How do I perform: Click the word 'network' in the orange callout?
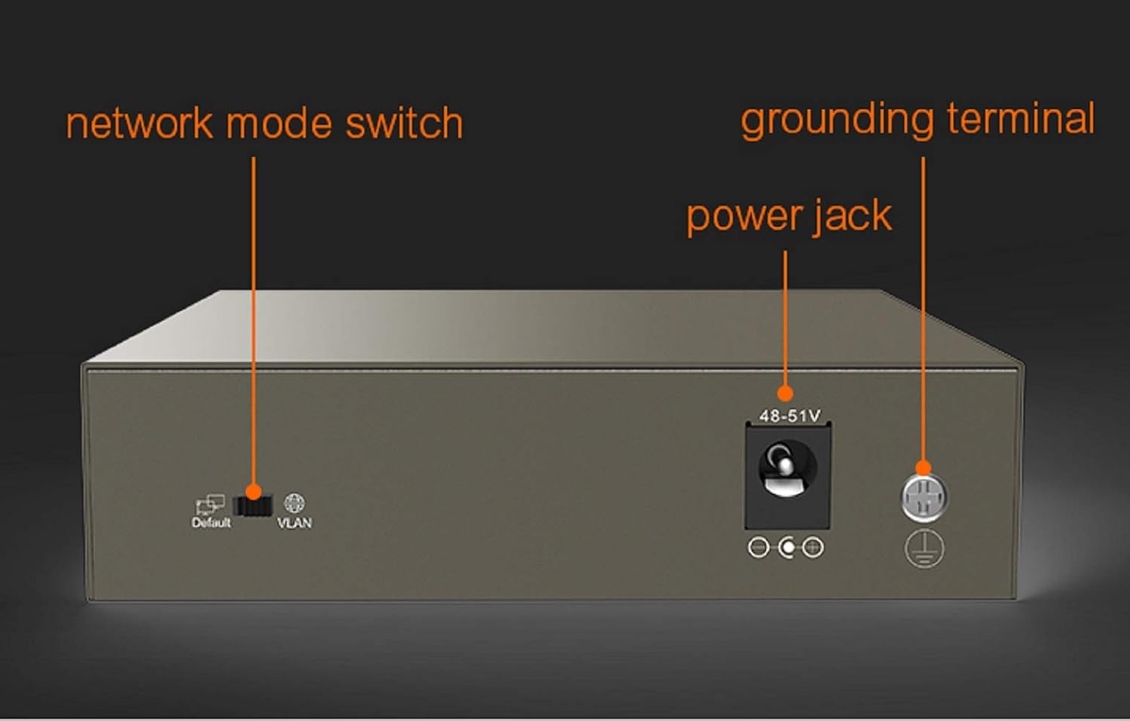(x=139, y=124)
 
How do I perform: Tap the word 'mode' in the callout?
(x=279, y=123)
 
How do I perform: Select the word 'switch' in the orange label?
(x=404, y=123)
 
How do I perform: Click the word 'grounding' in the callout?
(x=837, y=120)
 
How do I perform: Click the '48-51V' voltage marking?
(x=789, y=416)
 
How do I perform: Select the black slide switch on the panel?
(x=252, y=506)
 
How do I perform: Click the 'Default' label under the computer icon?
(x=211, y=523)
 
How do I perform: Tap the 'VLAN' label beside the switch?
(x=295, y=523)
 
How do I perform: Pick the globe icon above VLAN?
(x=294, y=503)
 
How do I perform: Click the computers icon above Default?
(x=210, y=504)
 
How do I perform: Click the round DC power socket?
(x=786, y=469)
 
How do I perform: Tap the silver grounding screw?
(x=924, y=497)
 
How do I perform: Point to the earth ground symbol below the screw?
(x=924, y=549)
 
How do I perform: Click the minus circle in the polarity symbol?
(x=758, y=548)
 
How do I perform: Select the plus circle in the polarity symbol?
(x=813, y=548)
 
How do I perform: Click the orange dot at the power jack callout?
(x=785, y=393)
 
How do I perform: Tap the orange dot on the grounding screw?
(x=923, y=468)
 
